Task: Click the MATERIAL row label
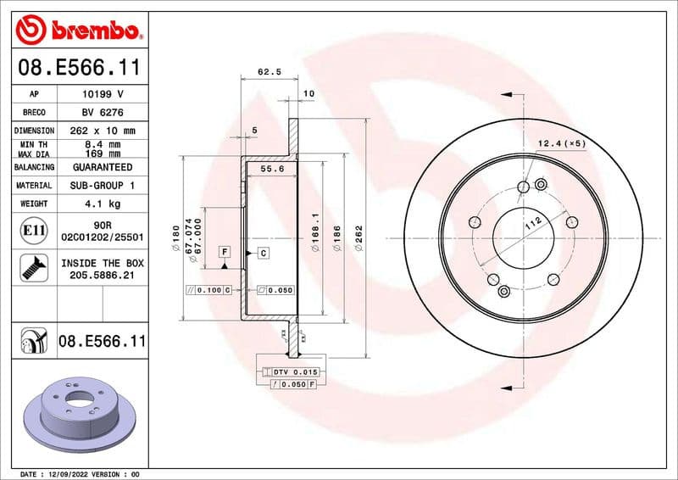pyautogui.click(x=34, y=185)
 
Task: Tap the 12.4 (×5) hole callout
pyautogui.click(x=562, y=143)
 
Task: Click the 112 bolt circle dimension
pyautogui.click(x=532, y=223)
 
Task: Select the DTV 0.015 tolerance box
pyautogui.click(x=290, y=372)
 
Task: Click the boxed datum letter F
pyautogui.click(x=225, y=252)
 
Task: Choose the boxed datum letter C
pyautogui.click(x=263, y=253)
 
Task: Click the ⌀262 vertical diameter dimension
pyautogui.click(x=359, y=238)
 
